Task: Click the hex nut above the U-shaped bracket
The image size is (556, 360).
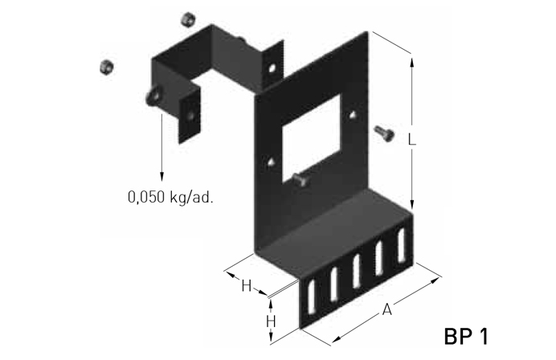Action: pos(188,19)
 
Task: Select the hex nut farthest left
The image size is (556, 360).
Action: pos(106,67)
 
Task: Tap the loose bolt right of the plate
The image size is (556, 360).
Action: pos(384,133)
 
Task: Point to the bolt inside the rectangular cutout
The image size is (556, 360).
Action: pos(300,179)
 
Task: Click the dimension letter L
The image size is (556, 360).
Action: pos(411,139)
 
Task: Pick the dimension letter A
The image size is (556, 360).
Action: pos(387,309)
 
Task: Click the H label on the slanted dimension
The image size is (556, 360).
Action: pos(246,285)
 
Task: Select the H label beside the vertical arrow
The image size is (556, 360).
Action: pos(271,321)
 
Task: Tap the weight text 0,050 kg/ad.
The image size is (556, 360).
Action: pos(170,197)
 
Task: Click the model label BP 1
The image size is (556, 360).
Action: pos(466,336)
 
